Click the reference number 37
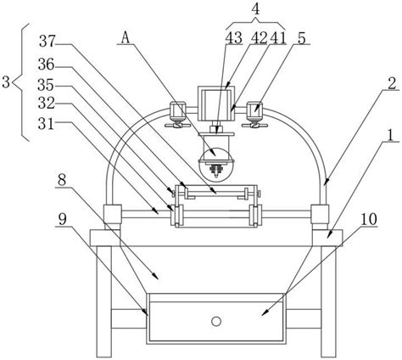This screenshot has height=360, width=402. [47, 41]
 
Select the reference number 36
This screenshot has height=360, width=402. [47, 65]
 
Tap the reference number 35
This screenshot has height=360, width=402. [47, 85]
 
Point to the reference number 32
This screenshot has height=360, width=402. [47, 104]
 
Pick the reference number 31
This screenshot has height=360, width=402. [47, 123]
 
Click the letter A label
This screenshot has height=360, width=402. [126, 37]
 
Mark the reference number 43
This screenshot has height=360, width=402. [234, 38]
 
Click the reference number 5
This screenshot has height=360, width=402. [302, 38]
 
